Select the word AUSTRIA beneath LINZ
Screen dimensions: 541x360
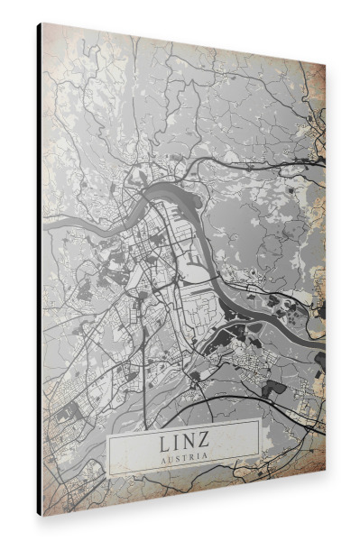pos(183,457)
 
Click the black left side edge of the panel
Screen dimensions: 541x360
pos(39,270)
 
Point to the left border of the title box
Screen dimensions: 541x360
pos(108,451)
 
